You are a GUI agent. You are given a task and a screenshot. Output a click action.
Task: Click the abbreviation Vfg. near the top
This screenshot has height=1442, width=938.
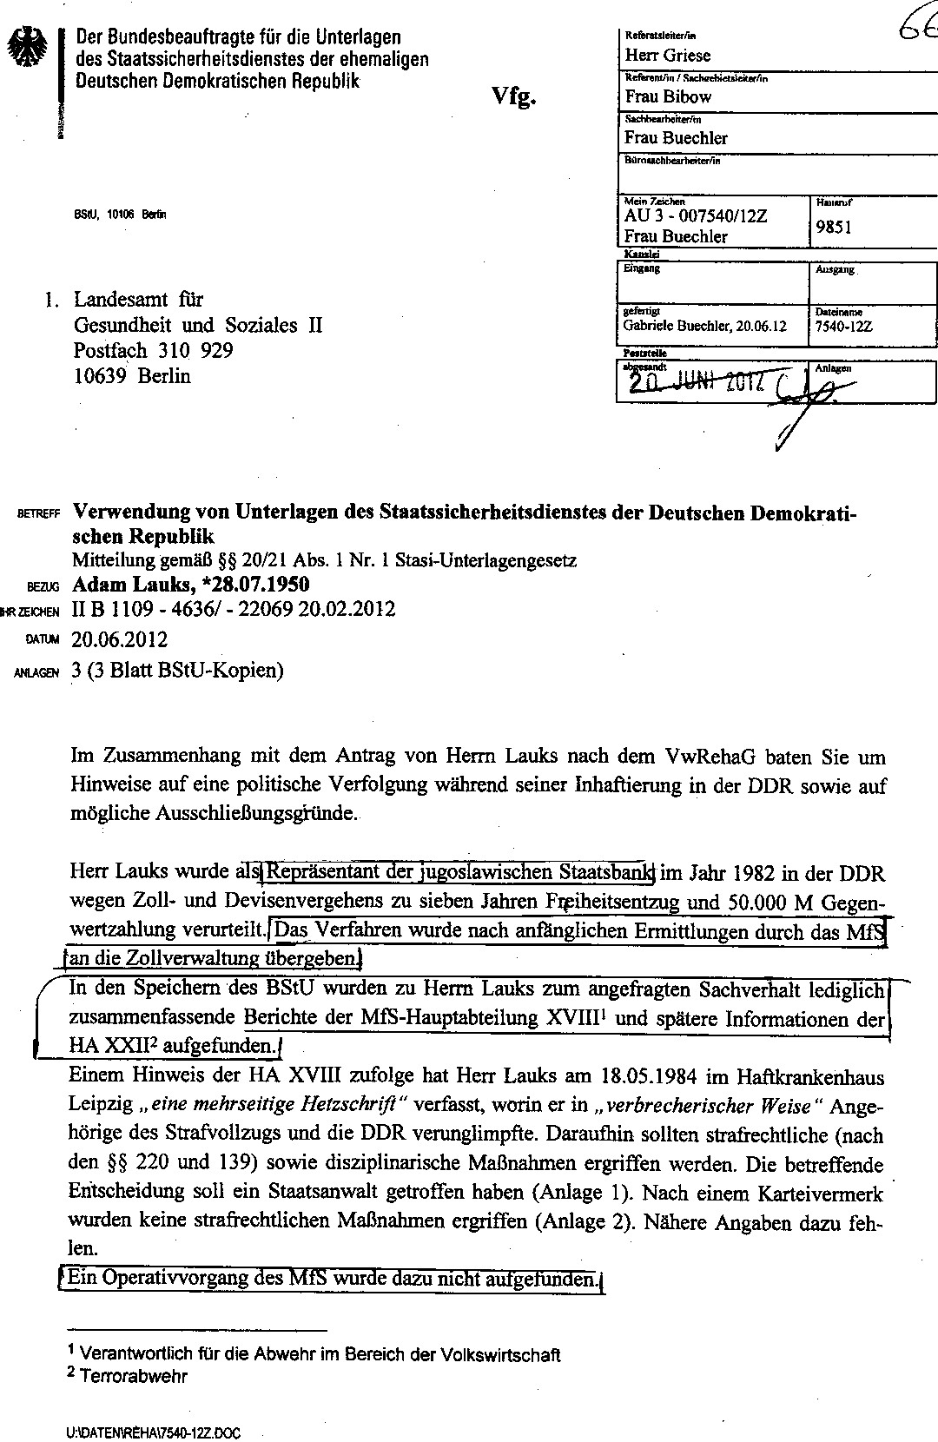click(514, 96)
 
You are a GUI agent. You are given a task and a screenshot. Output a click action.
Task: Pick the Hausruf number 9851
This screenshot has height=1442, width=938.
click(834, 228)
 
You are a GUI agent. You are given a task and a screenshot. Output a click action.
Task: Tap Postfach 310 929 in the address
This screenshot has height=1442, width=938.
click(153, 351)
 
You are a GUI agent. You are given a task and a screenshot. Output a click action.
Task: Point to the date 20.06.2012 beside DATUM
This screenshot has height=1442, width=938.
click(120, 640)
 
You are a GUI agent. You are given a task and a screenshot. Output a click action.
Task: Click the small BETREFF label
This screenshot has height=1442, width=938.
click(38, 514)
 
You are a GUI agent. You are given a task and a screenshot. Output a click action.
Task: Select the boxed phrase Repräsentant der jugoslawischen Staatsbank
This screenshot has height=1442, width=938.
click(459, 871)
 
